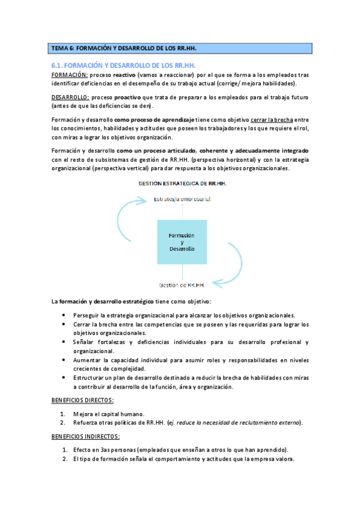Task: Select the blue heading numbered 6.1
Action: click(124, 64)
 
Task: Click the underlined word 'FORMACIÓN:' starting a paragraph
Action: click(70, 75)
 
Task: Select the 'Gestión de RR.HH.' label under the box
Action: click(182, 285)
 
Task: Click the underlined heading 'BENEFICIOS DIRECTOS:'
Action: click(82, 400)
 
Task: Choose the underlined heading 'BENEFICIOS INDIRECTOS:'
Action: click(85, 436)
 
